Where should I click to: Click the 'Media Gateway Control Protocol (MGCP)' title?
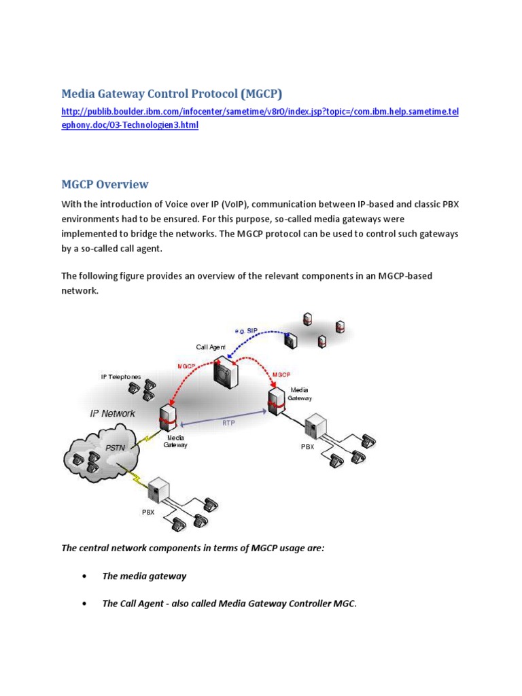pyautogui.click(x=171, y=93)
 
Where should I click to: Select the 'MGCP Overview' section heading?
pyautogui.click(x=105, y=184)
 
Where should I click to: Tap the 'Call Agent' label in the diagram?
pyautogui.click(x=211, y=347)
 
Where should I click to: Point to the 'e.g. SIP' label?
pyautogui.click(x=246, y=330)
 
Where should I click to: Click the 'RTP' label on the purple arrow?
pyautogui.click(x=229, y=422)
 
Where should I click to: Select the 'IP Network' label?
pyautogui.click(x=113, y=413)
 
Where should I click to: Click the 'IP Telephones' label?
pyautogui.click(x=122, y=377)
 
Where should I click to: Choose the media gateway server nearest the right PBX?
pyautogui.click(x=276, y=401)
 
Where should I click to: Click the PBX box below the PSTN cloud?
pyautogui.click(x=158, y=490)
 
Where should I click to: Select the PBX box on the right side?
pyautogui.click(x=315, y=426)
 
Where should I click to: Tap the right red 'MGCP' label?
pyautogui.click(x=281, y=375)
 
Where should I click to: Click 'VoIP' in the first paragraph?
pyautogui.click(x=236, y=205)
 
